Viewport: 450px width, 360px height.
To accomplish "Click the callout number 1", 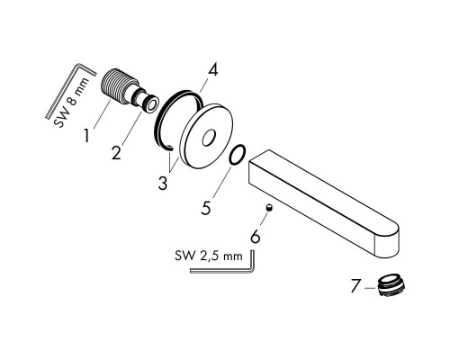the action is (86, 136).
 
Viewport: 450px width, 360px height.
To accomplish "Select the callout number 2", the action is (116, 152).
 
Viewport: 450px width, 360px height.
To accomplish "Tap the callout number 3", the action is (163, 183).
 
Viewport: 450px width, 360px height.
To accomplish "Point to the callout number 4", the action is (213, 70).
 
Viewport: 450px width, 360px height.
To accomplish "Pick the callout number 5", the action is (206, 207).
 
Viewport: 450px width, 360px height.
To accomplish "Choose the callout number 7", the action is (355, 286).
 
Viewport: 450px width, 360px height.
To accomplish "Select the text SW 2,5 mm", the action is (209, 256).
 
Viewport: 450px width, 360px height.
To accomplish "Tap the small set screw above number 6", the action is (270, 208).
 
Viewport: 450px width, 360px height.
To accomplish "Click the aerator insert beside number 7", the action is (391, 285).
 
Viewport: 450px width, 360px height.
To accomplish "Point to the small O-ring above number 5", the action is (238, 155).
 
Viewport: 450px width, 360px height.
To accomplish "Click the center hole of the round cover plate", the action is (209, 138).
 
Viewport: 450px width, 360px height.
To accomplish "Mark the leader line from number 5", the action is (222, 182).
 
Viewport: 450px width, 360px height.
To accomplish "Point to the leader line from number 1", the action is (103, 114).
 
